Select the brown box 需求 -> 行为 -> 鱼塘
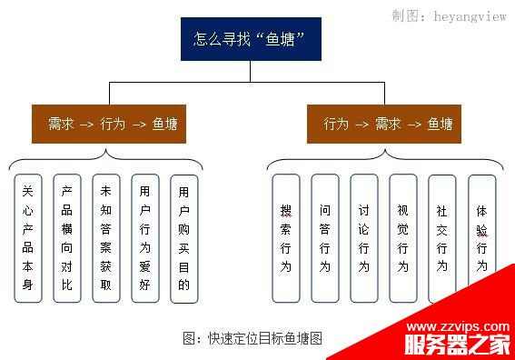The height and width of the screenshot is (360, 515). (x=108, y=123)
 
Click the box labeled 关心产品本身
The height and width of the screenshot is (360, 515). (x=27, y=238)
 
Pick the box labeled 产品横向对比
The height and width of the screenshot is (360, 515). (x=66, y=238)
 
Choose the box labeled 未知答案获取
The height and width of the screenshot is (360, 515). (x=105, y=238)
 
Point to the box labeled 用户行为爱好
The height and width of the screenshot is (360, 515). (x=144, y=238)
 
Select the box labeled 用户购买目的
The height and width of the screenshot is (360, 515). (x=184, y=238)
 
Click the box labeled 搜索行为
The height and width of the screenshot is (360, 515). (x=285, y=238)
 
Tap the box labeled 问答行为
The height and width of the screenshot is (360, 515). (x=324, y=238)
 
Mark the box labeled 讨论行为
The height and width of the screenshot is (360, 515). (x=363, y=238)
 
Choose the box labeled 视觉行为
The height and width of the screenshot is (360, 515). (x=402, y=238)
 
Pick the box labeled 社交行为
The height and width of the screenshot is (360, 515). (x=441, y=238)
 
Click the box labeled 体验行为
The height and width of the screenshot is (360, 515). (x=481, y=238)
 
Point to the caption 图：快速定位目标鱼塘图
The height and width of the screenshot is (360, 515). (x=253, y=338)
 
